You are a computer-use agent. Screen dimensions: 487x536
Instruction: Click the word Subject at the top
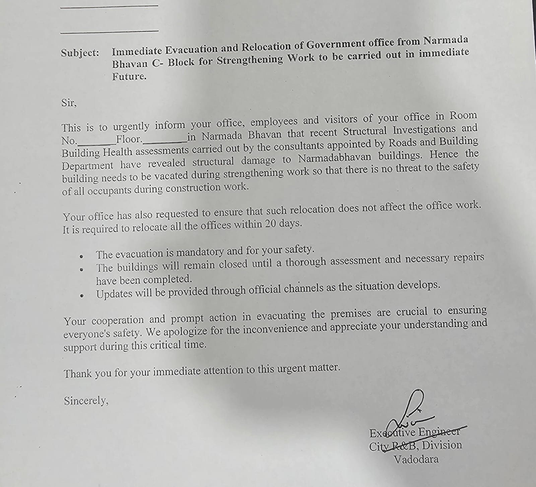[80, 53]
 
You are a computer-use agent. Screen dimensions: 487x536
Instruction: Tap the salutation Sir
[68, 103]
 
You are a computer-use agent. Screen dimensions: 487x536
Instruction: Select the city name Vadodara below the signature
[416, 459]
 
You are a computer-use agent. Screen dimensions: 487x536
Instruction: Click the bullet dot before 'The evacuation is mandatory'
[81, 257]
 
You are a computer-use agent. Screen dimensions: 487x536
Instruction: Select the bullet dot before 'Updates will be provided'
[81, 296]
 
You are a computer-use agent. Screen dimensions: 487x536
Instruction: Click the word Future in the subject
[129, 76]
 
